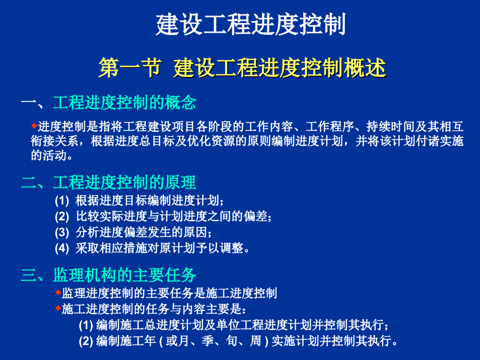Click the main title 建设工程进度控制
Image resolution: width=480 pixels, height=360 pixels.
[x=250, y=25]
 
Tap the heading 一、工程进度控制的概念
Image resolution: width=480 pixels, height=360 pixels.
[x=108, y=103]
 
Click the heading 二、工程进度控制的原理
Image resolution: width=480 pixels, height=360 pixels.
[x=108, y=182]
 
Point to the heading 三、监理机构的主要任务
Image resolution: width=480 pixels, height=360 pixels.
[x=108, y=275]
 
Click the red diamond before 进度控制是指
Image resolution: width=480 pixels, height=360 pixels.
[x=34, y=126]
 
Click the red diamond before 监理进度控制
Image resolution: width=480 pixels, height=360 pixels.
[x=58, y=292]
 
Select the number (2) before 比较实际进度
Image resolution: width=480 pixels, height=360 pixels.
[x=62, y=217]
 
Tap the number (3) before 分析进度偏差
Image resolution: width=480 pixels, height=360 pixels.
[x=62, y=232]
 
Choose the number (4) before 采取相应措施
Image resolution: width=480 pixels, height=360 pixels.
[x=62, y=248]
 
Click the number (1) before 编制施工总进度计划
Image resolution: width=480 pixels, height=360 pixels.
[x=86, y=325]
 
